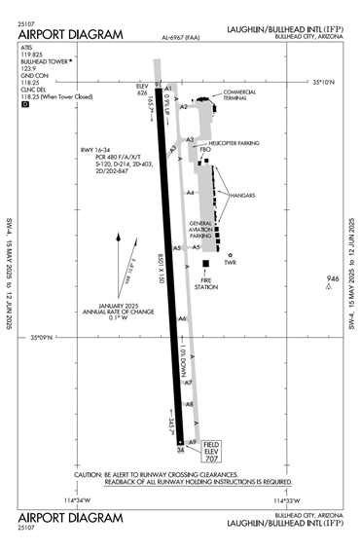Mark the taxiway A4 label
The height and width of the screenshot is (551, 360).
tap(191, 193)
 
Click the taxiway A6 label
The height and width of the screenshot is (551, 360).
tap(182, 319)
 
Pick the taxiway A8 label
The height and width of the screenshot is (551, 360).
tap(190, 403)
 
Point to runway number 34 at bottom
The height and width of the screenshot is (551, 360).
tap(179, 450)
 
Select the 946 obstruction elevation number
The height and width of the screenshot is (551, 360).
tap(332, 279)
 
